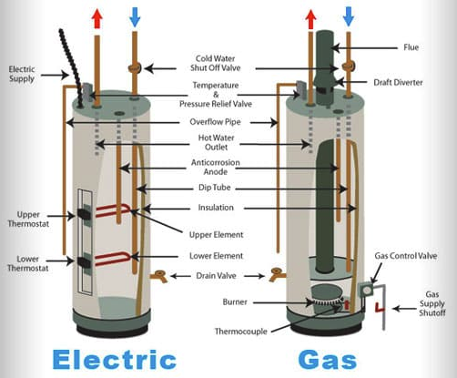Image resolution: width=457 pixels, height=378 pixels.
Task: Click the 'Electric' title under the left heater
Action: [x=115, y=360]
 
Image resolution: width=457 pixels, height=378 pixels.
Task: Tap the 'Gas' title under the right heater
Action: [x=327, y=360]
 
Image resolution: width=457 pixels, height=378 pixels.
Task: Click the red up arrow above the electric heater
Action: [x=97, y=18]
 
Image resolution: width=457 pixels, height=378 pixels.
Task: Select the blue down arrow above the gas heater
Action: [x=349, y=17]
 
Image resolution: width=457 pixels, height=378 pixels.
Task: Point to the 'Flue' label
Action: [x=411, y=47]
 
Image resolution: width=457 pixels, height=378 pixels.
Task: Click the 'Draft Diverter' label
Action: [x=398, y=82]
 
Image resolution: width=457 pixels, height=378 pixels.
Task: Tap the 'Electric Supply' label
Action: [x=22, y=74]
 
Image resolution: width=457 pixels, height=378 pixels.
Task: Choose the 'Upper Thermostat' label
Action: [x=28, y=220]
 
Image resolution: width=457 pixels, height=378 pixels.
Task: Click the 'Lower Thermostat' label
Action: [x=27, y=263]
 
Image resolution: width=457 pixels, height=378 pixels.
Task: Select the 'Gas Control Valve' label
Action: [x=406, y=256]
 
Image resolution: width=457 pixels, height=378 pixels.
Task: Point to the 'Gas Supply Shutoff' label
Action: [x=432, y=303]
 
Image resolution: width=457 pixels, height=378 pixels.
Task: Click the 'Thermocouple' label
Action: [x=241, y=332]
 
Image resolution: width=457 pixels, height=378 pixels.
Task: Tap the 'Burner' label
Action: [x=235, y=301]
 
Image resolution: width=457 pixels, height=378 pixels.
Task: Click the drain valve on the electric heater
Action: [x=159, y=276]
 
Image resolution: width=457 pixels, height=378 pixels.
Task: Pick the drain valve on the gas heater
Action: [x=277, y=275]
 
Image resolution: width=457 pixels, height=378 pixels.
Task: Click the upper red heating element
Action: [x=113, y=210]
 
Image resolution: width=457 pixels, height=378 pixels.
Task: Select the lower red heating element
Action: [x=113, y=259]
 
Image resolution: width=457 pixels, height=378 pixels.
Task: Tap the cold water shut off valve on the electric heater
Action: [x=135, y=68]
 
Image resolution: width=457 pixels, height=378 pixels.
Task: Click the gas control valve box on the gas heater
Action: [x=367, y=291]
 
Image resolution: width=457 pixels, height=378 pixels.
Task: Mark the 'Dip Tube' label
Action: [x=215, y=188]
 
